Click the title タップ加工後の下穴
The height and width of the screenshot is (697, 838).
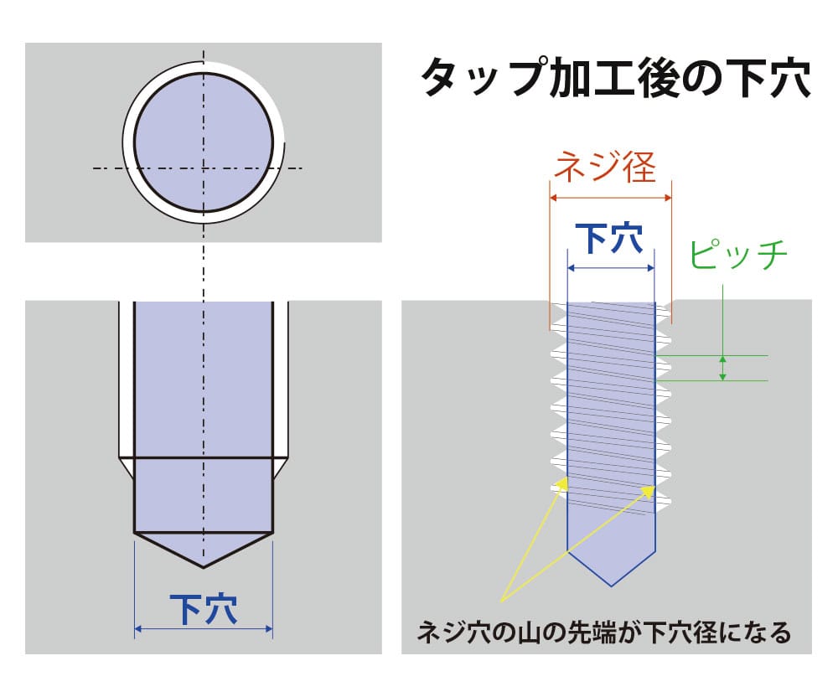coord(615,80)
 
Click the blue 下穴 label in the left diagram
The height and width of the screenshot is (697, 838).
coord(204,608)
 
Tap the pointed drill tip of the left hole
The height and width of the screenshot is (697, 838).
coord(204,565)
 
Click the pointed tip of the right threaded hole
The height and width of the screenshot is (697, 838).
coord(611,583)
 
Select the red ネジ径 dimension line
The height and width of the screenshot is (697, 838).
coord(611,198)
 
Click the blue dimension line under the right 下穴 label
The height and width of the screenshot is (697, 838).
coord(611,268)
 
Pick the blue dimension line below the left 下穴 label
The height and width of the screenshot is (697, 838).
coord(204,628)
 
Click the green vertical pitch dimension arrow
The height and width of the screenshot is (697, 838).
coord(723,368)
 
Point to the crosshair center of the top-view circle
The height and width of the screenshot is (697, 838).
coord(204,168)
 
